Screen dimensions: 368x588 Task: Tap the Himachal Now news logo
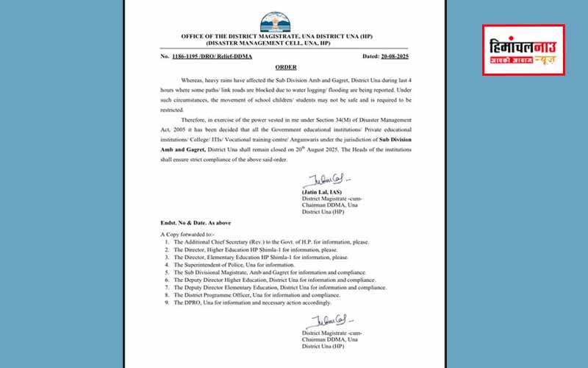523,49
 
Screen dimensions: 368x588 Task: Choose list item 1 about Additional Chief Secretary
257,241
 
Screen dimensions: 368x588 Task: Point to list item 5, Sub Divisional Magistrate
257,272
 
